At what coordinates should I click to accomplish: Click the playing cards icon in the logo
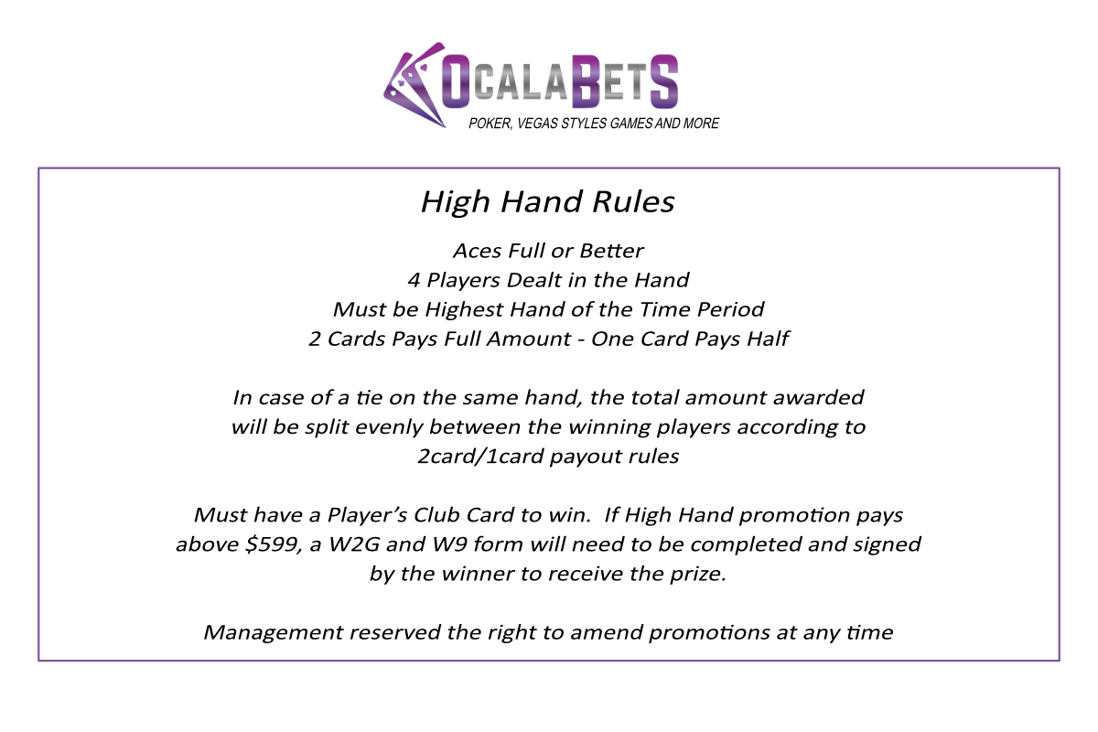coord(414,85)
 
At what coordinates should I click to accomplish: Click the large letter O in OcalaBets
coord(456,81)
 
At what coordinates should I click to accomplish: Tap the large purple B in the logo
coord(586,81)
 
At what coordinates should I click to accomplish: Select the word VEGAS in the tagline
coord(537,124)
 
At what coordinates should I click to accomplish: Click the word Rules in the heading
coord(633,201)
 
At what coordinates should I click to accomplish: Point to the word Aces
coord(478,251)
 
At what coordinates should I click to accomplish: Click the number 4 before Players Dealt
coord(414,280)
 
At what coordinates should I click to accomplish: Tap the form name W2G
coord(354,544)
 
